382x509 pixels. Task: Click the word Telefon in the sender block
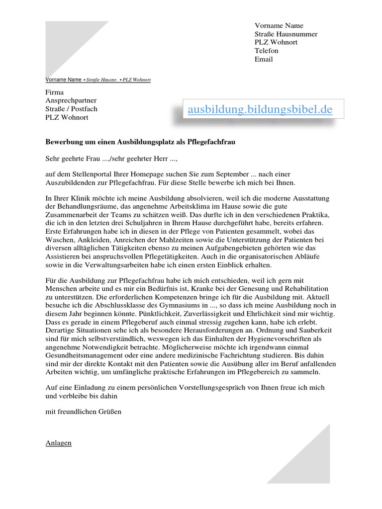pos(267,51)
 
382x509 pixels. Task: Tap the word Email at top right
pos(264,59)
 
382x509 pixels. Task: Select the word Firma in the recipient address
pos(55,92)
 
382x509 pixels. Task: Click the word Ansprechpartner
pos(71,101)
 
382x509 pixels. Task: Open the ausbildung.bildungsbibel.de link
pos(260,109)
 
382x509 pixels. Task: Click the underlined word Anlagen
pos(59,443)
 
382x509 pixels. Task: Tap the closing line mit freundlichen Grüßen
pos(84,412)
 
